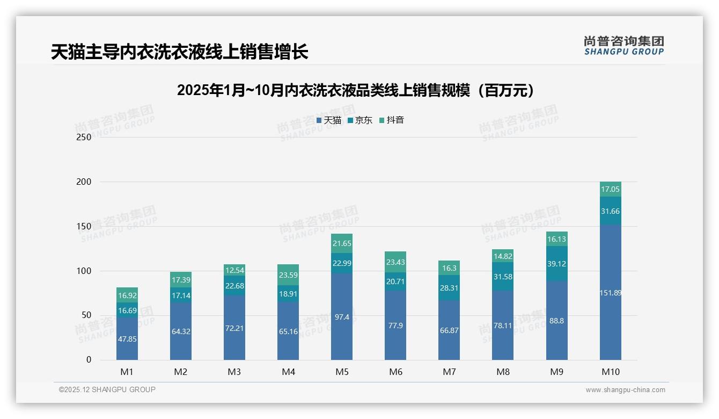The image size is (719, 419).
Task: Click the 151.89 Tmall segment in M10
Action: [611, 293]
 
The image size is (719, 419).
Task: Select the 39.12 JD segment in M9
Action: [557, 264]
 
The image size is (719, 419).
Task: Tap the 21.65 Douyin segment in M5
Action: [342, 243]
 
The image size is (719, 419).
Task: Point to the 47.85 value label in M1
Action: [127, 339]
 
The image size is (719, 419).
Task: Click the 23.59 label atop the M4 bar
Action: [288, 274]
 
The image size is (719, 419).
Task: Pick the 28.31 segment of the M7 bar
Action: [449, 288]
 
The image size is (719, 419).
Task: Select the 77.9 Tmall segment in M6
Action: [395, 326]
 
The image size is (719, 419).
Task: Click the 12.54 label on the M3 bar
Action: [234, 270]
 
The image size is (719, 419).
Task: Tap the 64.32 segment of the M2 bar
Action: [181, 331]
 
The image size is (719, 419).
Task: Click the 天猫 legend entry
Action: [329, 120]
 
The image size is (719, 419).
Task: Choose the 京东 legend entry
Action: [360, 120]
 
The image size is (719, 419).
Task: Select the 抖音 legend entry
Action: [392, 120]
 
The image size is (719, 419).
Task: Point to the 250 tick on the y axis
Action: [84, 137]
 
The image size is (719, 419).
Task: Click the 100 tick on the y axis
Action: [84, 271]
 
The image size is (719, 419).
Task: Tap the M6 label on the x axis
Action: [395, 372]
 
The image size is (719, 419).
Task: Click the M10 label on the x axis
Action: [611, 372]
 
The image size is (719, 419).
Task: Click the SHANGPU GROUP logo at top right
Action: [623, 46]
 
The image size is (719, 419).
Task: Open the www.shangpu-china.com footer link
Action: [625, 390]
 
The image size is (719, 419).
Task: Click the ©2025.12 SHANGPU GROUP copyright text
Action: [107, 389]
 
